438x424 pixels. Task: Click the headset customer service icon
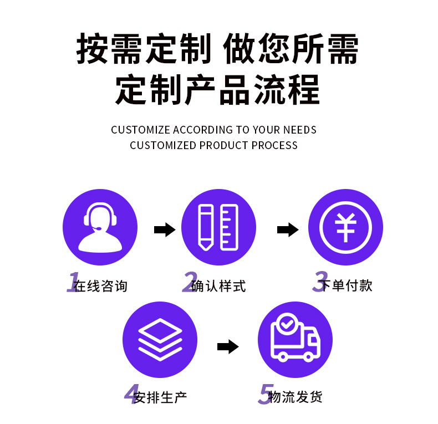(100, 228)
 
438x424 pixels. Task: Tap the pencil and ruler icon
(218, 228)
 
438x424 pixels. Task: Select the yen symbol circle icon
(345, 228)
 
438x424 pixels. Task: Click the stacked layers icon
(160, 339)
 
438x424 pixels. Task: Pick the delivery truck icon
(295, 339)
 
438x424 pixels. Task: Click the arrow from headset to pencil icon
(164, 229)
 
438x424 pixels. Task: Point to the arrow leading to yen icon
(288, 229)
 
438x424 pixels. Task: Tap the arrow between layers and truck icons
(227, 347)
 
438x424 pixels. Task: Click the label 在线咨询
(100, 286)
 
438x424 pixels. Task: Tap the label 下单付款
(347, 285)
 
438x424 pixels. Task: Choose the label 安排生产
(160, 397)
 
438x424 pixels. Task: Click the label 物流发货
(295, 397)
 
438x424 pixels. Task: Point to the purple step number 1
(73, 282)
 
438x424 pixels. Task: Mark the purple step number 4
(131, 394)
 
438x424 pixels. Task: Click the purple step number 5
(266, 394)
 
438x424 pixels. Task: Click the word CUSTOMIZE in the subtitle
(140, 130)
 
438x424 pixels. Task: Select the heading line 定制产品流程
(218, 90)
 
